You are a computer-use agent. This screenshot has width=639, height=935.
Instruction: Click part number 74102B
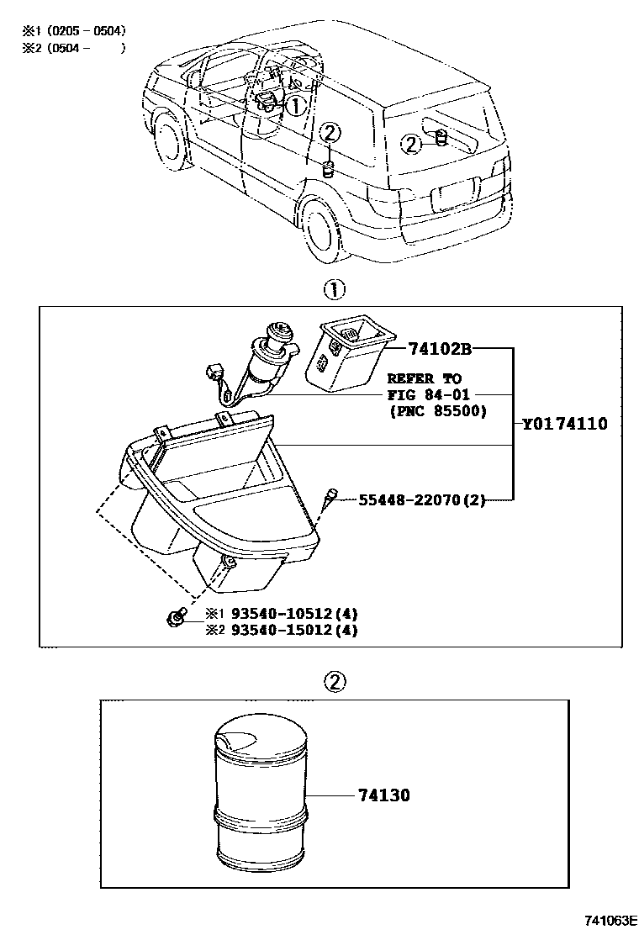click(441, 348)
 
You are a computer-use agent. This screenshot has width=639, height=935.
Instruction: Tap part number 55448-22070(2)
click(422, 499)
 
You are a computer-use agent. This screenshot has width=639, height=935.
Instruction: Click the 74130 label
click(383, 795)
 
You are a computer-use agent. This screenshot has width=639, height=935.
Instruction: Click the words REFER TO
click(425, 379)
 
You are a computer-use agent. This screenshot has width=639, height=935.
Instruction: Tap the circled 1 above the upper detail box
click(334, 290)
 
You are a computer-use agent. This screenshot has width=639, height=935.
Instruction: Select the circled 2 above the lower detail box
click(334, 679)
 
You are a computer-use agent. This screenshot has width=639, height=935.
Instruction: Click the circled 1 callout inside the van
click(295, 105)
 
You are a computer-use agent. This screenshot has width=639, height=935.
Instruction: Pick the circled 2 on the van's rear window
click(410, 144)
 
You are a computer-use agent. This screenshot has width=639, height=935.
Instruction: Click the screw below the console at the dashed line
click(176, 620)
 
